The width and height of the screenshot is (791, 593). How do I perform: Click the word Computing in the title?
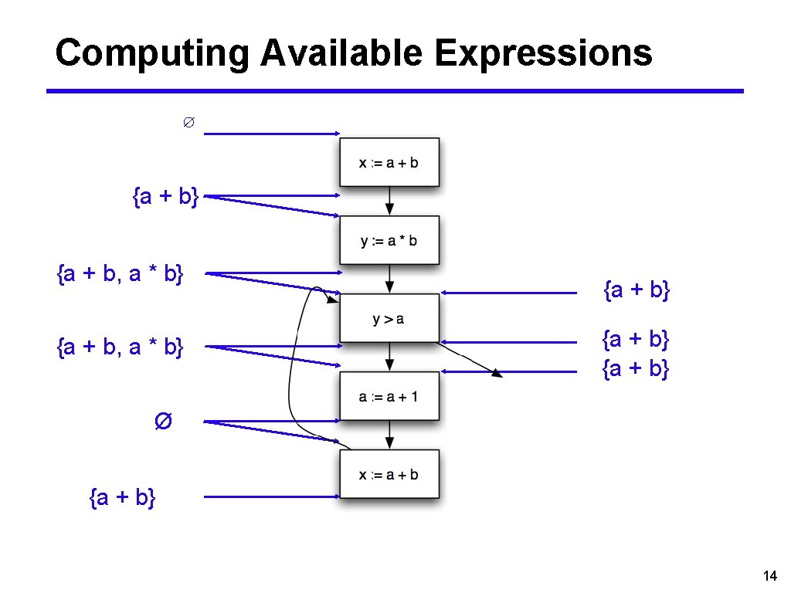pyautogui.click(x=152, y=54)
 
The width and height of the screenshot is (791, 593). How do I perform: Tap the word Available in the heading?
pyautogui.click(x=341, y=54)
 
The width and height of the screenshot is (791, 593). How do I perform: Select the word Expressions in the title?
pyautogui.click(x=543, y=54)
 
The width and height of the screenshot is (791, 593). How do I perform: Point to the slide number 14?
pyautogui.click(x=769, y=574)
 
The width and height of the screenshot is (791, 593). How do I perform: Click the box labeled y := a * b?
pyautogui.click(x=389, y=240)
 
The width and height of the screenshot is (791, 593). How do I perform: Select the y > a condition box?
pyautogui.click(x=389, y=318)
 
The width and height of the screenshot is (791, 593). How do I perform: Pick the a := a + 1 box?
pyautogui.click(x=389, y=397)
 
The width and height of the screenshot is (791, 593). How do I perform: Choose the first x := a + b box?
pyautogui.click(x=389, y=162)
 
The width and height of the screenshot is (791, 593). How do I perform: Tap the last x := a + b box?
pyautogui.click(x=389, y=474)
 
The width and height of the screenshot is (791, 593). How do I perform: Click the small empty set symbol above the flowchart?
pyautogui.click(x=187, y=123)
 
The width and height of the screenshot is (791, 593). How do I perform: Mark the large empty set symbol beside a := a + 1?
pyautogui.click(x=163, y=422)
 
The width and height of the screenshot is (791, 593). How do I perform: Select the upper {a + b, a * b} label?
pyautogui.click(x=121, y=273)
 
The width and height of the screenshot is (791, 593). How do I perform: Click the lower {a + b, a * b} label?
pyautogui.click(x=121, y=347)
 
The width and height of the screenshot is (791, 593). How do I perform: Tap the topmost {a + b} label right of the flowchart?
pyautogui.click(x=636, y=290)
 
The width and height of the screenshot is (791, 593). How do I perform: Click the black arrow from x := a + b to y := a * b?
pyautogui.click(x=390, y=202)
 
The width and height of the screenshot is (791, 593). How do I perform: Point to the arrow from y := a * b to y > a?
pyautogui.click(x=390, y=279)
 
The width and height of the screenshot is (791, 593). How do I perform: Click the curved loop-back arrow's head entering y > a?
pyautogui.click(x=332, y=299)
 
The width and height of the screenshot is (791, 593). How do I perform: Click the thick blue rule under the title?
pyautogui.click(x=395, y=91)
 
